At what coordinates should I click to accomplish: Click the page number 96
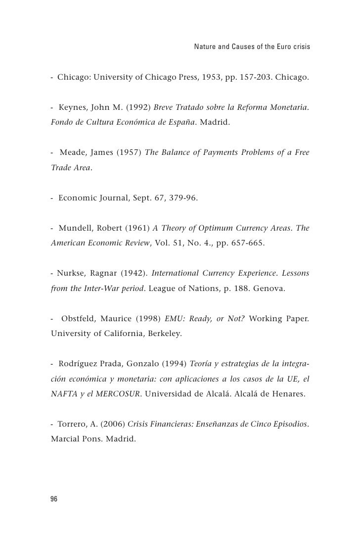(54, 499)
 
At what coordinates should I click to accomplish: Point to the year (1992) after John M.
(138, 107)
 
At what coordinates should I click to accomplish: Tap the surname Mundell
(76, 228)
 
